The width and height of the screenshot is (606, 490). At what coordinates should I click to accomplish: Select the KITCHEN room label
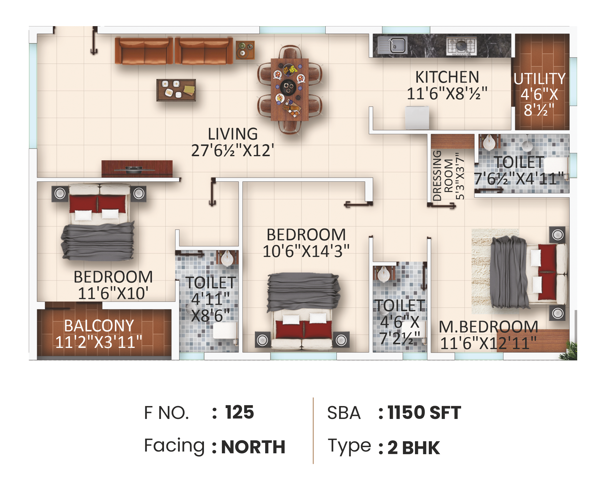447,77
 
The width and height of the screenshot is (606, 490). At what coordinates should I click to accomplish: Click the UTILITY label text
539,79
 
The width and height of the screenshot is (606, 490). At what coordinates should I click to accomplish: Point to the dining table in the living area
289,89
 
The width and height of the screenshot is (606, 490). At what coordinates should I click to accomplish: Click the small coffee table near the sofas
176,90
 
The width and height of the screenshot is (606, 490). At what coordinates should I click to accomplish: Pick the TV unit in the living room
137,169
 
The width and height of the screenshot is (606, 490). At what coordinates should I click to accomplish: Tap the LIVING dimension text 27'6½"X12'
232,151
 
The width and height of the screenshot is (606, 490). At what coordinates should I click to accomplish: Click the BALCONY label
99,326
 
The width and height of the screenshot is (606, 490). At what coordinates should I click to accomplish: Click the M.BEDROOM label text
488,327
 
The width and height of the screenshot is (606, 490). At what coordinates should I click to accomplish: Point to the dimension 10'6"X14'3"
306,251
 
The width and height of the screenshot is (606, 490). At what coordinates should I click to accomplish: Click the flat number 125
240,412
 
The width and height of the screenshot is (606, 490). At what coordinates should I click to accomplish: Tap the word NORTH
253,447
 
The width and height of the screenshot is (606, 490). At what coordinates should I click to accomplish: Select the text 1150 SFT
424,412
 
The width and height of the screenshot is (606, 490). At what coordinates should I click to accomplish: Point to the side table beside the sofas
245,50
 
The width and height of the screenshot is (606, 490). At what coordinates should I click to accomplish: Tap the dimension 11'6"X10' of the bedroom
113,293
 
